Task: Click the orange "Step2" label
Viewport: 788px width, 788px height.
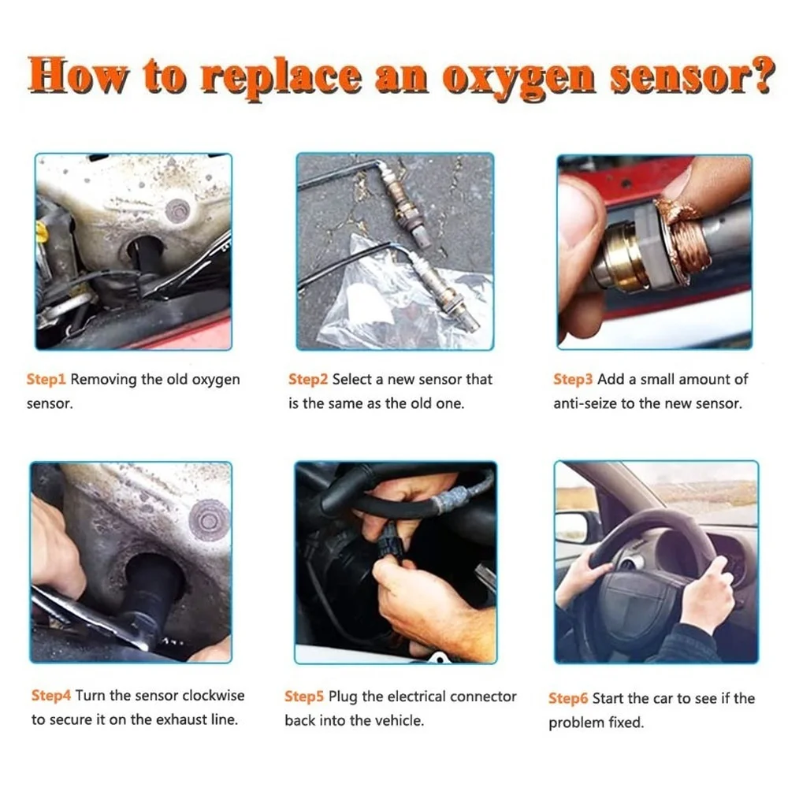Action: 308,379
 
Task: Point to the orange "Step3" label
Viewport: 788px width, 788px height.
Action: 573,379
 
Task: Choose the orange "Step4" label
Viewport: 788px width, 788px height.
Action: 51,696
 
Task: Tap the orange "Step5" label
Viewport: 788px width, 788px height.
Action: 305,697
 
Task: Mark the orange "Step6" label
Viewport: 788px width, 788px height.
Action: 568,698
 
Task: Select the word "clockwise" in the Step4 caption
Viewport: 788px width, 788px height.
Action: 214,696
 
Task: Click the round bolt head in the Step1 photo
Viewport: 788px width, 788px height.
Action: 178,210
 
